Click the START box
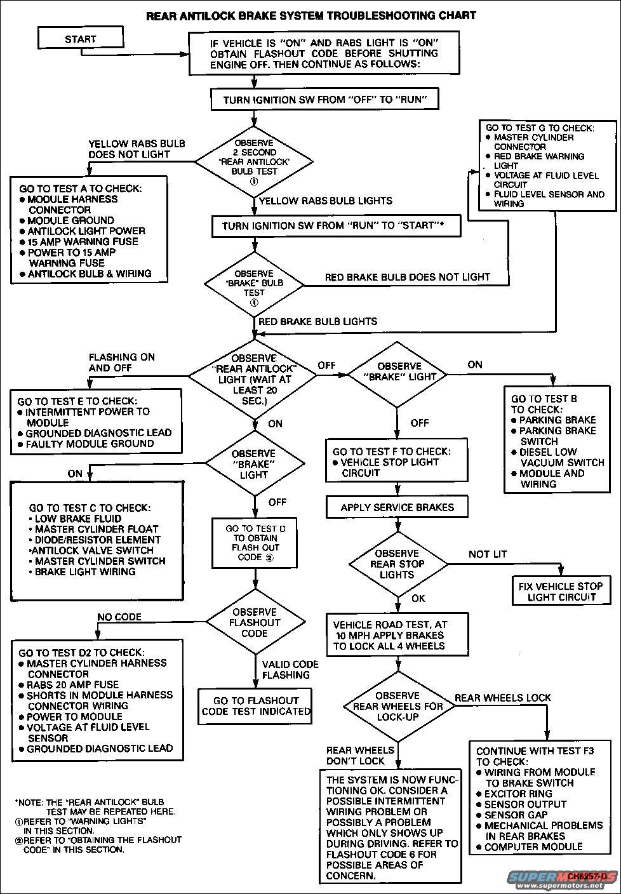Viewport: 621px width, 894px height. tap(80, 39)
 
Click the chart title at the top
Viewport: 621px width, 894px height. tap(311, 15)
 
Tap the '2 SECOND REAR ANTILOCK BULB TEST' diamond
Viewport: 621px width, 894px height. tap(254, 161)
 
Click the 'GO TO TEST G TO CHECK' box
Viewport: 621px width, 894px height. tap(548, 166)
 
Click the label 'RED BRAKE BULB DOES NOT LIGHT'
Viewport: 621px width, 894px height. tap(408, 277)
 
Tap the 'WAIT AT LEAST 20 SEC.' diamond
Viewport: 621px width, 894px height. tap(254, 379)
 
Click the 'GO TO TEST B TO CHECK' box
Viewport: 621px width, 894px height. tap(553, 441)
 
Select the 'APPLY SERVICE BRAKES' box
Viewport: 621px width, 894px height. tap(397, 507)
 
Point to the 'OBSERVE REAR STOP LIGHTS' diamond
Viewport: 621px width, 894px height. tap(397, 564)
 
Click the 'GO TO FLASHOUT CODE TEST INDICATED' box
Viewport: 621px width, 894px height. tap(255, 706)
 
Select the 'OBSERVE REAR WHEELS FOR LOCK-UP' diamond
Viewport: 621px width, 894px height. tap(398, 706)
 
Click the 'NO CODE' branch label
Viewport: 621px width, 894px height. tap(119, 617)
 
